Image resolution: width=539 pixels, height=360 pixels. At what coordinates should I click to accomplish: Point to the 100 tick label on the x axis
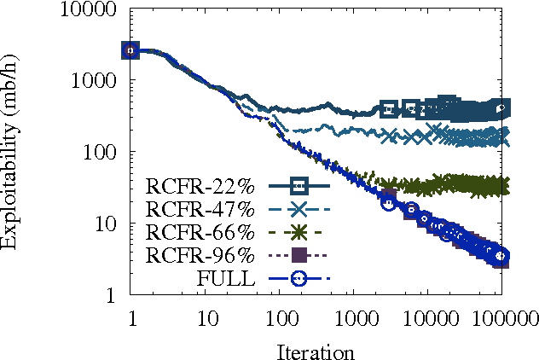tap(278, 318)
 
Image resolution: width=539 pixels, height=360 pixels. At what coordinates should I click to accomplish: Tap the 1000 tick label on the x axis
tap(352, 318)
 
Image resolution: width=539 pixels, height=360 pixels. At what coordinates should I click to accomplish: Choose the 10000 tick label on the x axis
tap(426, 318)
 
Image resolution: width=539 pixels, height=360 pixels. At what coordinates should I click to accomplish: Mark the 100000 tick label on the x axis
tap(499, 318)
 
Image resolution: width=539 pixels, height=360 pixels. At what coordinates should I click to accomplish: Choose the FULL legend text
tap(225, 278)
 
